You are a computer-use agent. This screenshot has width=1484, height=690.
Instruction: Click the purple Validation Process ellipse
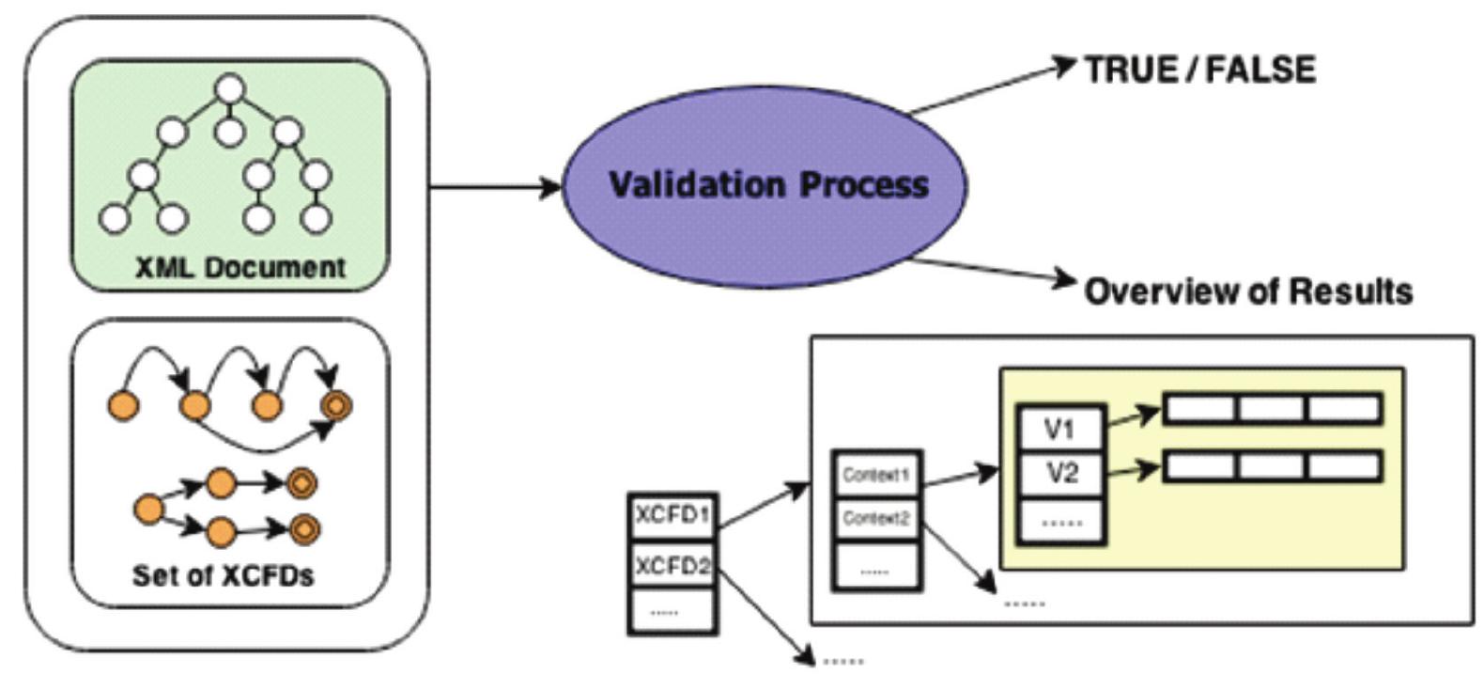click(765, 184)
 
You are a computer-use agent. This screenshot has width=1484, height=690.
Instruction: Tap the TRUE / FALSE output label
click(1199, 70)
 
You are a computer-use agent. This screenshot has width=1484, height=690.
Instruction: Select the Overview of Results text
click(1248, 290)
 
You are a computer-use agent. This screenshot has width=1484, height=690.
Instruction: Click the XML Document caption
click(240, 267)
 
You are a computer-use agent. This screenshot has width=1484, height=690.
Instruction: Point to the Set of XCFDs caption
click(223, 574)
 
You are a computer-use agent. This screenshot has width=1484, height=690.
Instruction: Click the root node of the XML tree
click(230, 89)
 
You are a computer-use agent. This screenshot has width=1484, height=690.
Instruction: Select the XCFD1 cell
click(672, 516)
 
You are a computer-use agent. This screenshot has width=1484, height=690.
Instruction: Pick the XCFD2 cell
click(672, 566)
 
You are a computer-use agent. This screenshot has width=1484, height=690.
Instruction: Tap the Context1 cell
click(875, 475)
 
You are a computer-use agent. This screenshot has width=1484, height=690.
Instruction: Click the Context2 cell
click(875, 518)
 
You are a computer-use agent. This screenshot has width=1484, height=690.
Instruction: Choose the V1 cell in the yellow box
click(1060, 430)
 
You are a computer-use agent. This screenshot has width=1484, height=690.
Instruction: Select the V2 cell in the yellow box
click(1060, 473)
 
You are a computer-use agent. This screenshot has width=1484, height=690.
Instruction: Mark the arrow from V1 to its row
click(1134, 416)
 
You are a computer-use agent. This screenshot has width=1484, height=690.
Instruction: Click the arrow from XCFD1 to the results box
click(764, 505)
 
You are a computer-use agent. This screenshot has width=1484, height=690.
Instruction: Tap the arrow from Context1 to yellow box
click(960, 474)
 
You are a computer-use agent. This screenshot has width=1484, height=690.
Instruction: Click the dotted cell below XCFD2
click(672, 611)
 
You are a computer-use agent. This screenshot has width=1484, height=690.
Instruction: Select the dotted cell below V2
click(1060, 520)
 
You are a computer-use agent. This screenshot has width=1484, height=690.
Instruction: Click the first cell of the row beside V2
click(1199, 467)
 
